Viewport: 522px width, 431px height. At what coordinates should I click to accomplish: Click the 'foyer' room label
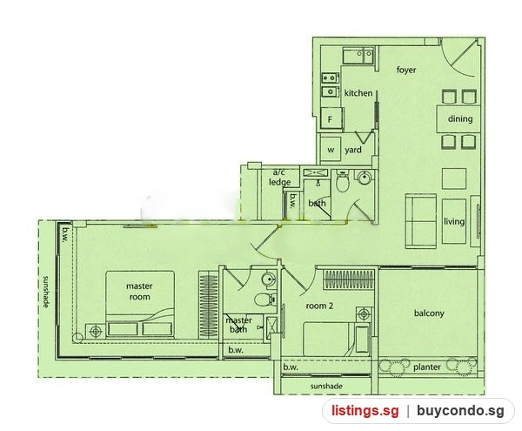pyautogui.click(x=406, y=70)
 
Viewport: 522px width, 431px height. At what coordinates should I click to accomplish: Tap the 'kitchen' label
pyautogui.click(x=358, y=93)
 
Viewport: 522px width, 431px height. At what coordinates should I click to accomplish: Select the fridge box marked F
pyautogui.click(x=331, y=118)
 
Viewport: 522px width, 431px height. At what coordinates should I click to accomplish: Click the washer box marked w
pyautogui.click(x=331, y=149)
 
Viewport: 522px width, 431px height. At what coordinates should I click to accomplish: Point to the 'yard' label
pyautogui.click(x=353, y=150)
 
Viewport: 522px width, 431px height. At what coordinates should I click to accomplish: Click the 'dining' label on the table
pyautogui.click(x=460, y=118)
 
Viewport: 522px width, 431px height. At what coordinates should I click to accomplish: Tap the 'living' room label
pyautogui.click(x=454, y=221)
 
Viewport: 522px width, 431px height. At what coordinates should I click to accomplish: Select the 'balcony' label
pyautogui.click(x=429, y=313)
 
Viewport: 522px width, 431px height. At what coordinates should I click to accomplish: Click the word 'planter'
pyautogui.click(x=427, y=367)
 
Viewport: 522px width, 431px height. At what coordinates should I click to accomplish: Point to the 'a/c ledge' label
pyautogui.click(x=279, y=178)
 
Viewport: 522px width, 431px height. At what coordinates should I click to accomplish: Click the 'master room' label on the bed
pyautogui.click(x=139, y=292)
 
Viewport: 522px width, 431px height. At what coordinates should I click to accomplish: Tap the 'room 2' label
pyautogui.click(x=319, y=306)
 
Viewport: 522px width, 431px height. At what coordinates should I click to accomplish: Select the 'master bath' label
pyautogui.click(x=238, y=325)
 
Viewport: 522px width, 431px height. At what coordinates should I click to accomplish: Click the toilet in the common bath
pyautogui.click(x=342, y=181)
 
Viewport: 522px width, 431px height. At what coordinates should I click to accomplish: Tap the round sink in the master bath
pyautogui.click(x=269, y=279)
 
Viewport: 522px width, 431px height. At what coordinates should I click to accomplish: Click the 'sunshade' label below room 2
pyautogui.click(x=326, y=386)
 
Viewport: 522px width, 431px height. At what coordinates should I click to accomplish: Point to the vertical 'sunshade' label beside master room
pyautogui.click(x=46, y=292)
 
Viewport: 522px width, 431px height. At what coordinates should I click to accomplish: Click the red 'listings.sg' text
pyautogui.click(x=365, y=411)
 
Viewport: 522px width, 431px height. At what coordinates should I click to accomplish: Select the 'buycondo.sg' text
pyautogui.click(x=460, y=411)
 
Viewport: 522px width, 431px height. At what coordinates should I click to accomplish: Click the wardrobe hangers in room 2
pyautogui.click(x=349, y=279)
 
